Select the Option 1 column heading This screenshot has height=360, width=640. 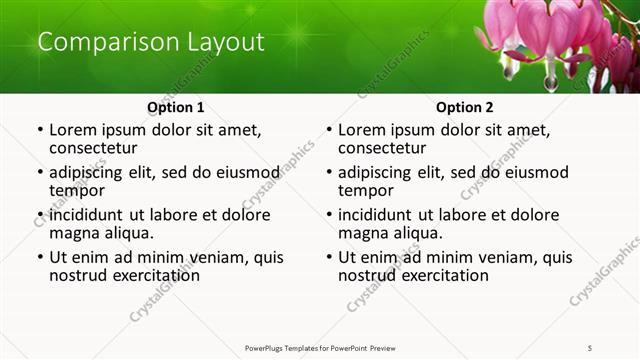pos(175,107)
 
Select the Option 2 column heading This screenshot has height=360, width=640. pos(464,107)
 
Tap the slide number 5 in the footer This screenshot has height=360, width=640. pos(590,347)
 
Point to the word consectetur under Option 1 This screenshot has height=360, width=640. pos(98,148)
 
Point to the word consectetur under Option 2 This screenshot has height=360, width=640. pos(387,148)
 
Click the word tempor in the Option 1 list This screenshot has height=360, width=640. pos(77,190)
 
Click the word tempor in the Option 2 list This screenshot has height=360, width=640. pos(366,190)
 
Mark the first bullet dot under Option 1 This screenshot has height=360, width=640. pos(40,130)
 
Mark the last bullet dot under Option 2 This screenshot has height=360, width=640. pos(329,257)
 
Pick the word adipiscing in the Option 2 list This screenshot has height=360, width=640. pos(379,172)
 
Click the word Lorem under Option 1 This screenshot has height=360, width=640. pos(72,130)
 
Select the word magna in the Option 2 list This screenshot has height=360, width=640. pos(363,233)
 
